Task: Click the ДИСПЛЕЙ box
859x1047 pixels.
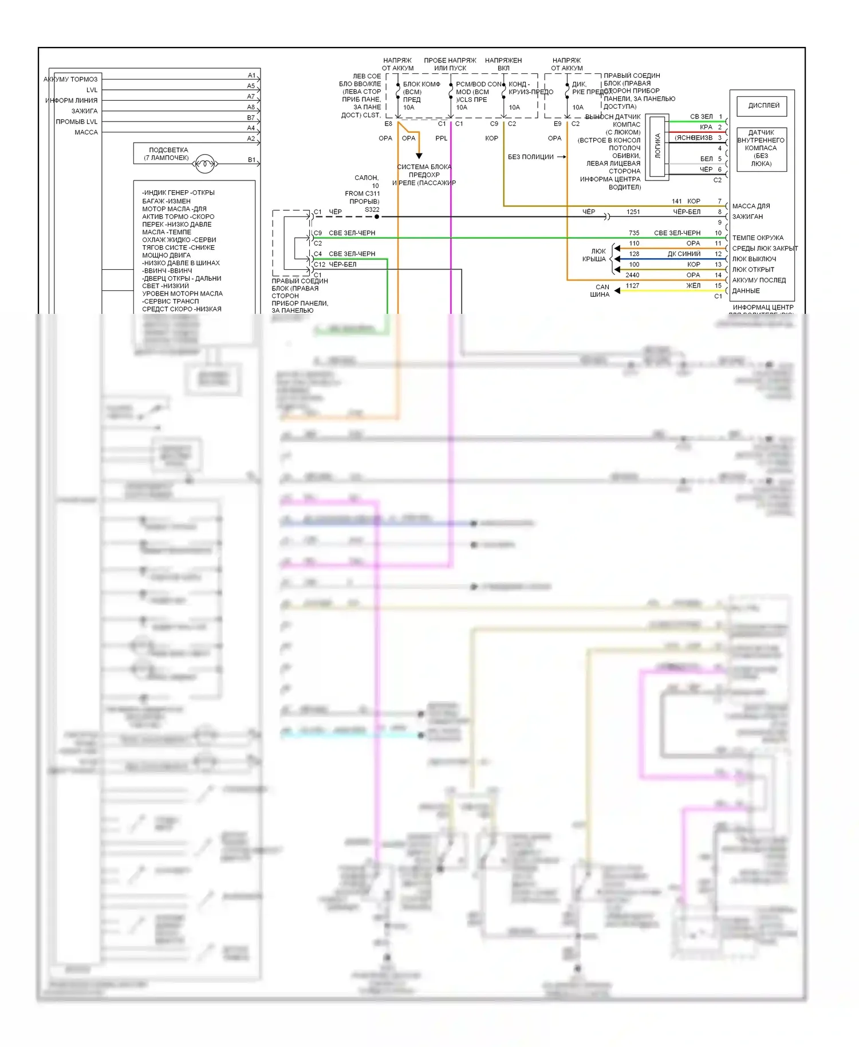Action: (x=763, y=106)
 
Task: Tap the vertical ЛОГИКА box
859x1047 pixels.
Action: (x=657, y=147)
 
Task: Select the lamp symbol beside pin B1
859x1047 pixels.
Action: (x=204, y=164)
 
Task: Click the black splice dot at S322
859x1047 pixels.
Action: (x=377, y=217)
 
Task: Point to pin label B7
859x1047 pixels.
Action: (x=251, y=118)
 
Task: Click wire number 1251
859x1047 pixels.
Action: (x=633, y=212)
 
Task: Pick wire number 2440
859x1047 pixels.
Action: (x=632, y=275)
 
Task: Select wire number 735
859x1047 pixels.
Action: (x=634, y=233)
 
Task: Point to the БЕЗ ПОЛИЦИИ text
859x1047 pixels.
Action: (x=531, y=157)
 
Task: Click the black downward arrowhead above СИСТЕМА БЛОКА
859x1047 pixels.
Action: (x=419, y=156)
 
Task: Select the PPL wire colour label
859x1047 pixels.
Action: (x=441, y=139)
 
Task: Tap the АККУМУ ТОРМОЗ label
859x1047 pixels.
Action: (x=71, y=80)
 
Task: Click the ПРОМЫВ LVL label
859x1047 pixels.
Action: (x=77, y=122)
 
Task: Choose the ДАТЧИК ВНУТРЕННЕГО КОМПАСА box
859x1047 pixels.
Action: (x=761, y=148)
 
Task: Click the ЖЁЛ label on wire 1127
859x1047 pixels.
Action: (x=693, y=286)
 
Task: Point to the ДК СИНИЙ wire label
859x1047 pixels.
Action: (x=684, y=254)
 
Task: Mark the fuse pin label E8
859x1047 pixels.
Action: (x=388, y=124)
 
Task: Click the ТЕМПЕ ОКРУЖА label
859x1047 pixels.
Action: (x=757, y=238)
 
